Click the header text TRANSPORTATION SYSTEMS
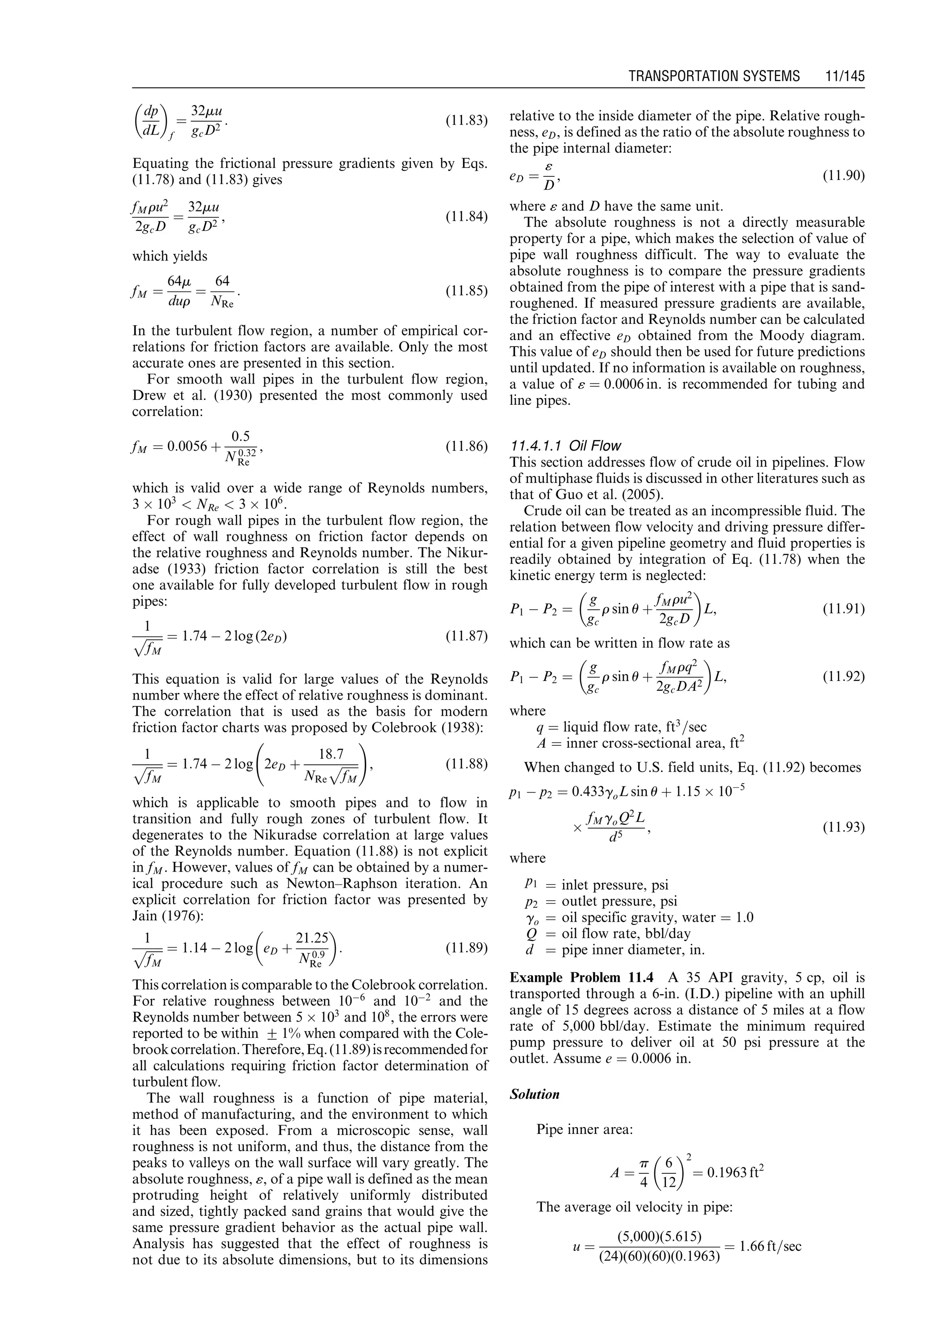(x=714, y=76)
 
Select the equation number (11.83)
(x=466, y=121)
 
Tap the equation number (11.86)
(x=466, y=447)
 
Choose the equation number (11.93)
(x=843, y=827)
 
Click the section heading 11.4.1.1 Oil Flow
(x=565, y=446)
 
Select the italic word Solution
(x=534, y=1094)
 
